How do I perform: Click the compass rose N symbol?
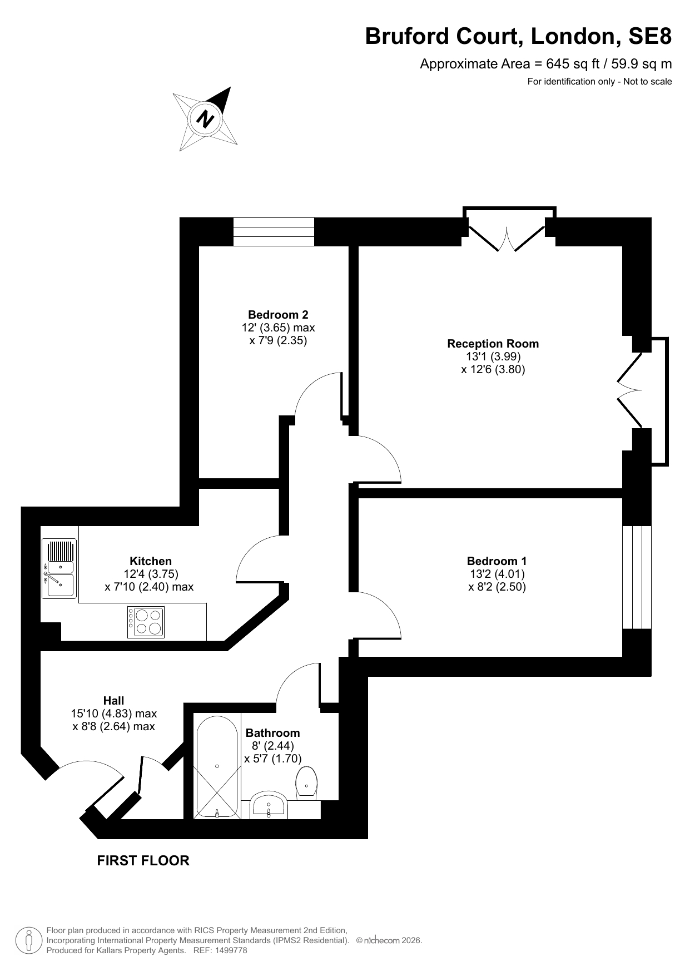point(206,119)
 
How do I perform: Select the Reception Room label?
point(493,344)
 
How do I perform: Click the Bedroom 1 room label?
point(497,561)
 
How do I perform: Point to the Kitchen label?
point(151,561)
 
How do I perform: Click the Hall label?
point(114,701)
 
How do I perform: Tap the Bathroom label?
point(272,733)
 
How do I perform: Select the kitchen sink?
point(59,568)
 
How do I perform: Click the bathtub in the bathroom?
point(217,767)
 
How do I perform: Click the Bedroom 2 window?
point(274,231)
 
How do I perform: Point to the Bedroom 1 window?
point(637,577)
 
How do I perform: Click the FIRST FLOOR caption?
point(143,861)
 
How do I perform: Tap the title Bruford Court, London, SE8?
point(518,37)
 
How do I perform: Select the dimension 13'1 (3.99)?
point(493,356)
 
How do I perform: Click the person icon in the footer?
point(29,940)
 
